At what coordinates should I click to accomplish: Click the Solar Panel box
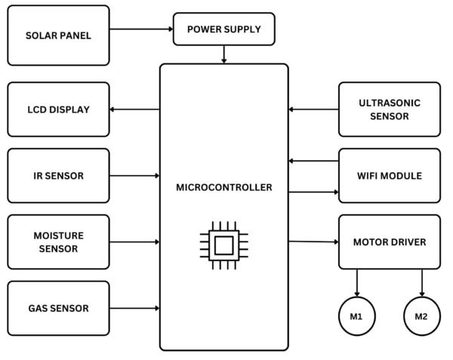coord(58,35)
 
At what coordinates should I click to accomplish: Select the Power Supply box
coord(223,29)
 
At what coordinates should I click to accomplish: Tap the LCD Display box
coord(58,109)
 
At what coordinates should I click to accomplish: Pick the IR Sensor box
coord(58,176)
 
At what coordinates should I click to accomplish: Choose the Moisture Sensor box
coord(58,242)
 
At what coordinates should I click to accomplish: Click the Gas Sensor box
coord(58,308)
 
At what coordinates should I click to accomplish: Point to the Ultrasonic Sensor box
coord(390,109)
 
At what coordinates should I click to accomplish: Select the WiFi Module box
coord(390,176)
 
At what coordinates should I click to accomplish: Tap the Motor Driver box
coord(390,242)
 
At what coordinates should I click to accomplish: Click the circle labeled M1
coord(356,317)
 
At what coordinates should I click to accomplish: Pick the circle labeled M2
coord(422,317)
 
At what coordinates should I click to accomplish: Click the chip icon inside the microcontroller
coord(223,245)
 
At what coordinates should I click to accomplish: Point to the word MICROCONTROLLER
coord(223,187)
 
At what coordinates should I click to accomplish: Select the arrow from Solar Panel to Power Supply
coord(141,29)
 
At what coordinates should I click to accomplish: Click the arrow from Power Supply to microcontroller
coord(223,54)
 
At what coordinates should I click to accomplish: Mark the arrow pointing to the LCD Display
coord(134,109)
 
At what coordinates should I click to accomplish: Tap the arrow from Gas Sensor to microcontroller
coord(134,308)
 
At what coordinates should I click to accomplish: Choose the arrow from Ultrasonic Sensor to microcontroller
coord(313,109)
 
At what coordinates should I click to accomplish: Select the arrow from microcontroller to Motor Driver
coord(313,242)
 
